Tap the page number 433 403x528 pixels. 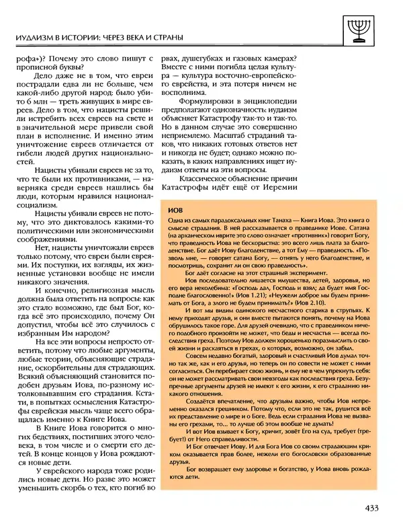coord(375,508)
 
